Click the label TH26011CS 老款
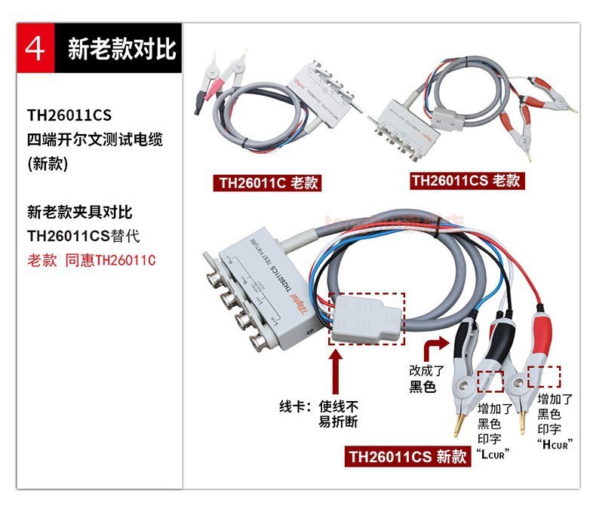[467, 180]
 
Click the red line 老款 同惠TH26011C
[91, 260]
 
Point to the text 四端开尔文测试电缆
[95, 139]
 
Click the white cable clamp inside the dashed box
[364, 317]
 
